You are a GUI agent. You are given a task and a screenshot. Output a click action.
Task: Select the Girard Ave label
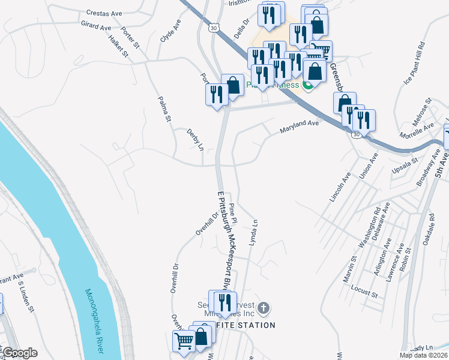click(x=96, y=26)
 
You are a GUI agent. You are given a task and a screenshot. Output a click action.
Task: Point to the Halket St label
click(x=119, y=46)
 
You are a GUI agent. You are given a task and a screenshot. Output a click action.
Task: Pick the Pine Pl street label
click(x=233, y=214)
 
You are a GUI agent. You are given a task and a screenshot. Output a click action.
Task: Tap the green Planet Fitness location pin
click(x=309, y=85)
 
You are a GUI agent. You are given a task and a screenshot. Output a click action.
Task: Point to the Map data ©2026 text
click(x=423, y=355)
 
